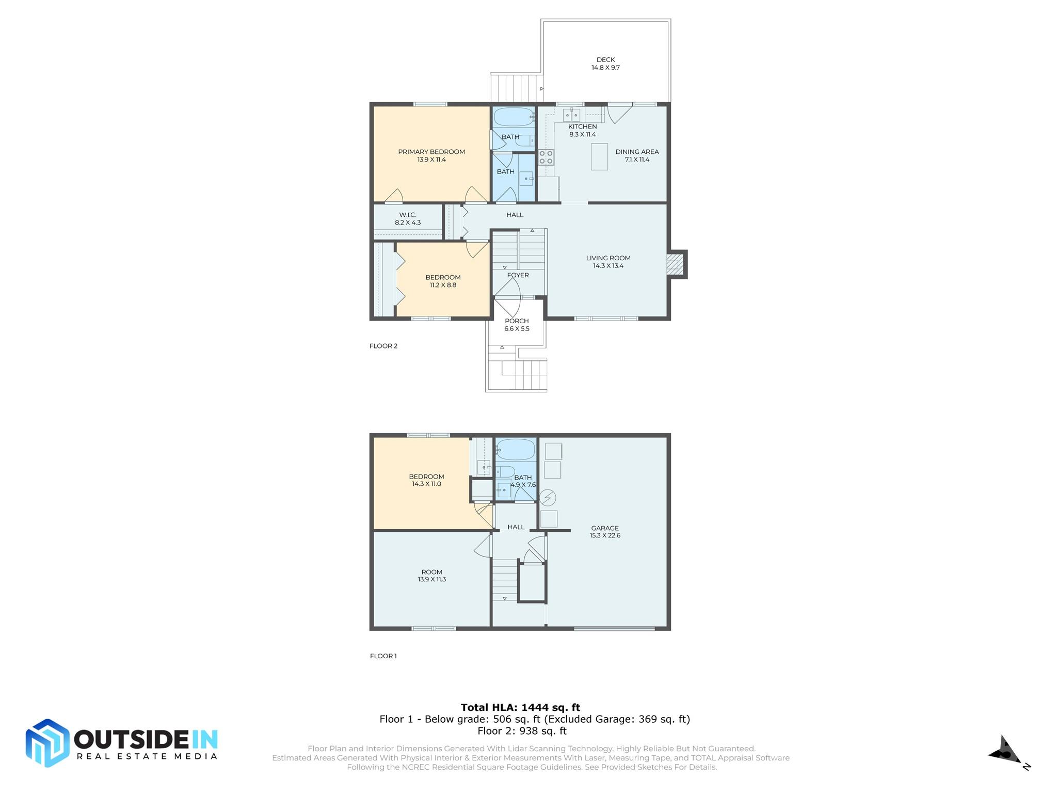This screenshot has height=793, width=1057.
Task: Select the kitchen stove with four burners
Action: pos(546,157)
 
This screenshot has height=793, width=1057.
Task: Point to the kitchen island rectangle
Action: pos(599,156)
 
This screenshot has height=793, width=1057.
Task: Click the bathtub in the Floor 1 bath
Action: pos(516,450)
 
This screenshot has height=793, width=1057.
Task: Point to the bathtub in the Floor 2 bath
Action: pos(513,117)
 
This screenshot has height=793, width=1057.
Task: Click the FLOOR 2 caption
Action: pos(383,346)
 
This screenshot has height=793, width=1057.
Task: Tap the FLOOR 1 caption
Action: pos(383,656)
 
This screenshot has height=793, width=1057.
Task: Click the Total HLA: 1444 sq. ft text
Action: pos(520,707)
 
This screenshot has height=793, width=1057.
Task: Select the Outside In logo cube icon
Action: pos(47,743)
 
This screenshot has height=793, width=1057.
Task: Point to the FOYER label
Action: pos(518,275)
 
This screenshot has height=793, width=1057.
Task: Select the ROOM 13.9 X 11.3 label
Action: pos(432,576)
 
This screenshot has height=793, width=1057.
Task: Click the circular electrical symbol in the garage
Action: pos(548,498)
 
